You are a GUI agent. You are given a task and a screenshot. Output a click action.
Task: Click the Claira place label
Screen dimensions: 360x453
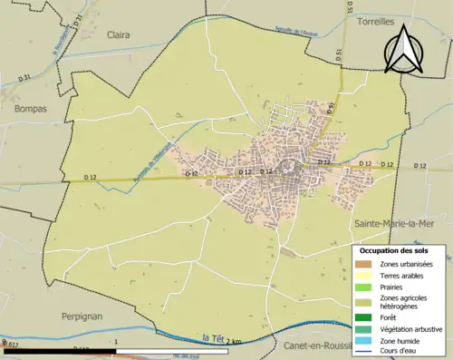coord(118,34)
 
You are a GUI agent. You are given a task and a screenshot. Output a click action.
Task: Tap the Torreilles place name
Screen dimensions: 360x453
coord(380,20)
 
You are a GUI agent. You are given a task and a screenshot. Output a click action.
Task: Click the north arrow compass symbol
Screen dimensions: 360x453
coord(403,47)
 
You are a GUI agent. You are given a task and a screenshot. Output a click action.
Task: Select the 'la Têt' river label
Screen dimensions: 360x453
coord(214,338)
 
